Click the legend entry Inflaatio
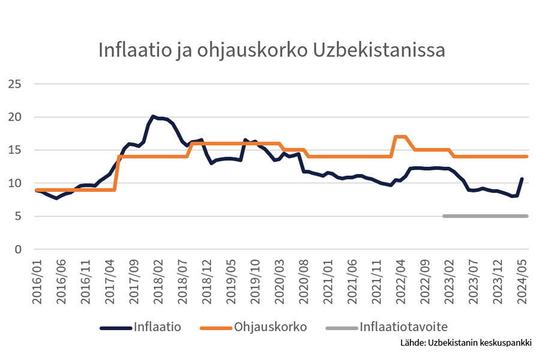point(157,328)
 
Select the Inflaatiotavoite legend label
point(404,328)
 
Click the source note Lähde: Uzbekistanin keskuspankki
point(466,344)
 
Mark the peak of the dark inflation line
point(153,116)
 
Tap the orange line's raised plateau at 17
point(400,137)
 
